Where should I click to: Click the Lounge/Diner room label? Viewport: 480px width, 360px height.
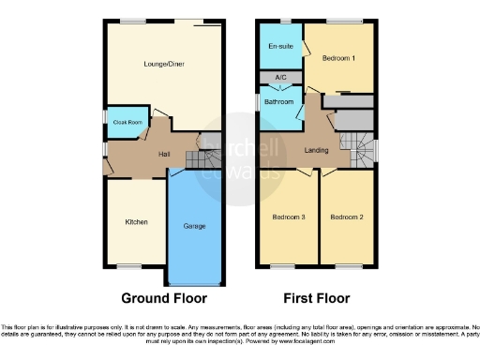tap(162, 65)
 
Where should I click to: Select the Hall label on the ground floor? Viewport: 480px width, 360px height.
tap(163, 153)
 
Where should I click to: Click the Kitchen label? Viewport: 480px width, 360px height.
tap(137, 222)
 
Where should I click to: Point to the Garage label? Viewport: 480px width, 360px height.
tap(195, 226)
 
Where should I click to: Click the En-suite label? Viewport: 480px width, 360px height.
tap(279, 46)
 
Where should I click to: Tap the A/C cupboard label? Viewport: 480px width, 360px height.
tap(280, 77)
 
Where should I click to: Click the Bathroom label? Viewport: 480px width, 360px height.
tap(279, 101)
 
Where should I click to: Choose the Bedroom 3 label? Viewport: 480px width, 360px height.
tap(289, 217)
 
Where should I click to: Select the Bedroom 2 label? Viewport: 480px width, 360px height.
tap(346, 217)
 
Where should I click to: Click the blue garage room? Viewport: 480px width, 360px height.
tap(195, 244)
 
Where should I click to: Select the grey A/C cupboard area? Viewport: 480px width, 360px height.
tap(280, 77)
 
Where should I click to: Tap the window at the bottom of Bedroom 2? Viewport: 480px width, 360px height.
tap(345, 267)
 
